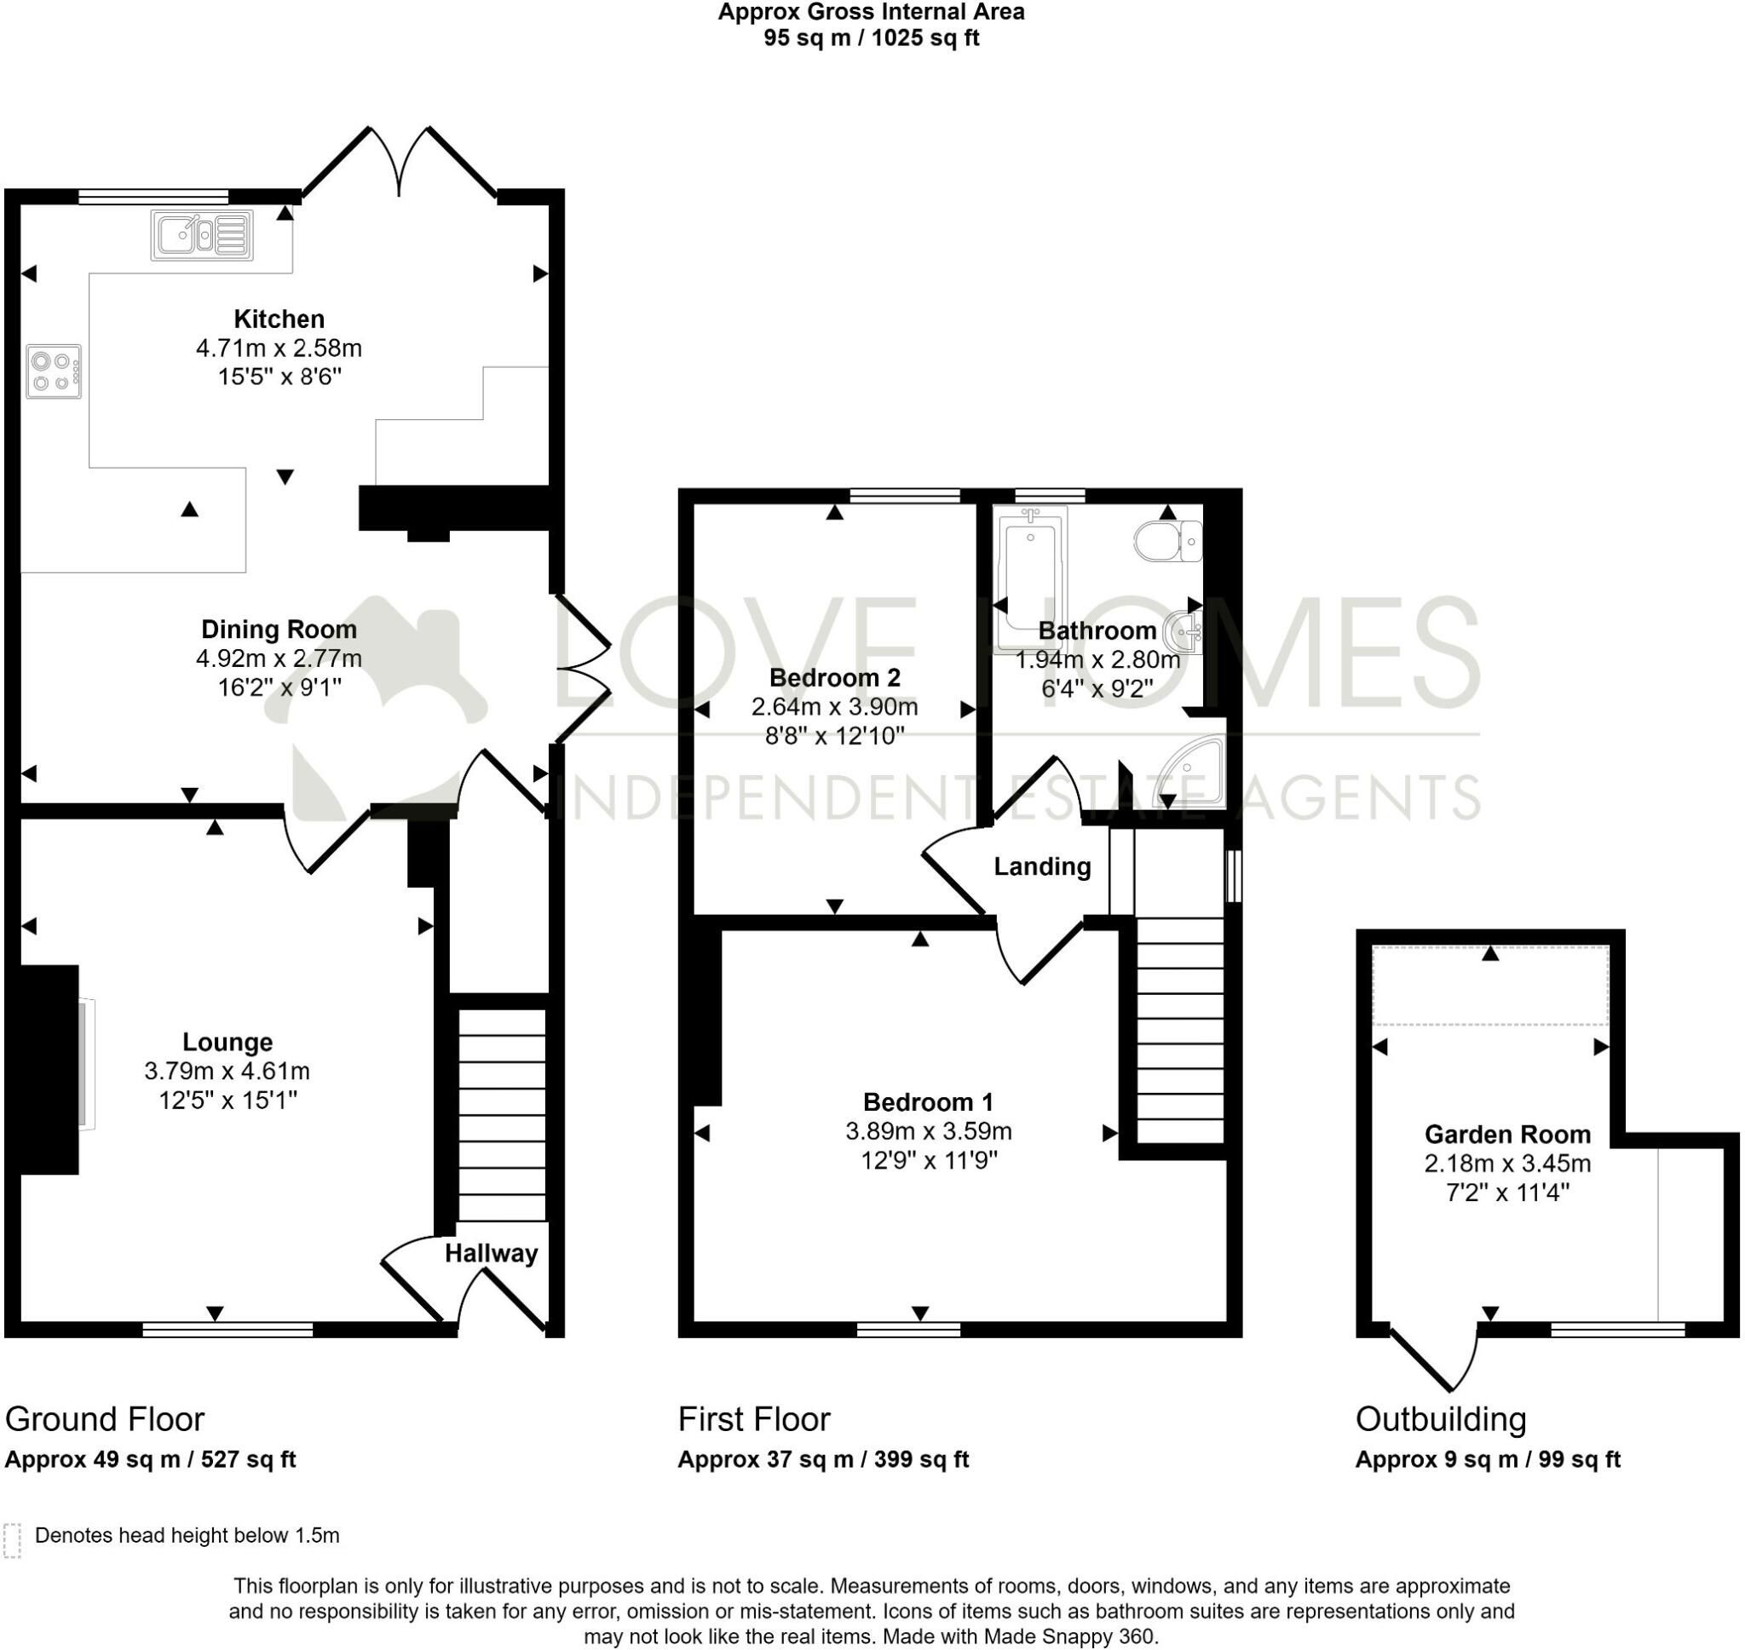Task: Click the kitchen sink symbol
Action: [202, 235]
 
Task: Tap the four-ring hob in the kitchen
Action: [54, 371]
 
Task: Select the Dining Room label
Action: [279, 629]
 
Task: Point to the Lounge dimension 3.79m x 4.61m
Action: [227, 1072]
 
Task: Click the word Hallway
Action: [491, 1253]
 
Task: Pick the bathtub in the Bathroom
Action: [1030, 576]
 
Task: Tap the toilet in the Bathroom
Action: [1168, 541]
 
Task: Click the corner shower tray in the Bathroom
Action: [1191, 772]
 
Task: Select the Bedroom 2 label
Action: [835, 677]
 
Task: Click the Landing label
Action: [1042, 866]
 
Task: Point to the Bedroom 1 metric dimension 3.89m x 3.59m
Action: [928, 1131]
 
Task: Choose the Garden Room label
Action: [1507, 1134]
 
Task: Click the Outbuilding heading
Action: [1441, 1418]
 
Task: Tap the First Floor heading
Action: [754, 1418]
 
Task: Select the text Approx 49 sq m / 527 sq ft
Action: [151, 1459]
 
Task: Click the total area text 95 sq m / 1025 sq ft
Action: [871, 37]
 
